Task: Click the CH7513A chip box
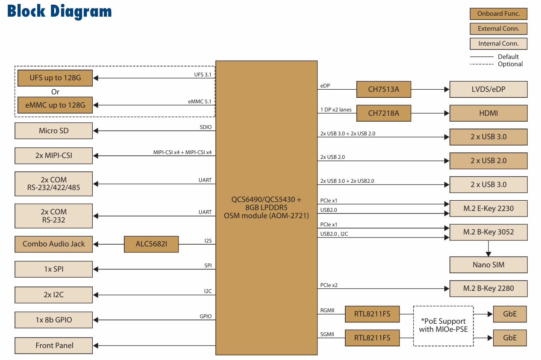pos(383,90)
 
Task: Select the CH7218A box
pos(383,113)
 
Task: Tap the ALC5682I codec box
pos(151,244)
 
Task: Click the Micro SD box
pos(54,131)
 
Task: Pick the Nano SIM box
pos(488,265)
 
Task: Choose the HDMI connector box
pos(488,113)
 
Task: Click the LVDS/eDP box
pos(488,90)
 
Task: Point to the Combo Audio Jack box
pos(54,244)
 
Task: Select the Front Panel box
pos(54,345)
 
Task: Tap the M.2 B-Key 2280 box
pos(488,288)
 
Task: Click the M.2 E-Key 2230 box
pos(488,208)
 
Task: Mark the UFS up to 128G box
pos(55,78)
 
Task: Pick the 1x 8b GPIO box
pos(54,320)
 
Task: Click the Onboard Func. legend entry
pos(498,14)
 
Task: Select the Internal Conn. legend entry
pos(498,44)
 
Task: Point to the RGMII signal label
pos(327,310)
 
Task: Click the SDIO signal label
pos(206,127)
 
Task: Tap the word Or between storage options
pos(55,92)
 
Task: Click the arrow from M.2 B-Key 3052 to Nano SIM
pos(488,249)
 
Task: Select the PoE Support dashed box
pos(443,325)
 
